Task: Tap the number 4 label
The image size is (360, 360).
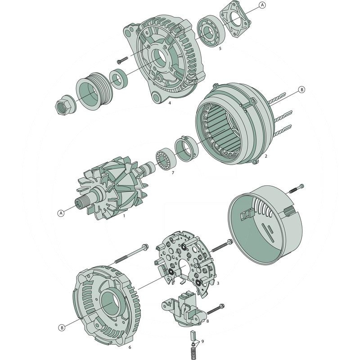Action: (x=170, y=103)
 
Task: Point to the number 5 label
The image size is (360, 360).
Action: (x=220, y=48)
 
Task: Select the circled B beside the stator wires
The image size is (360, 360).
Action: (x=302, y=90)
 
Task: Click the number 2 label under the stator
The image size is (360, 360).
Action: (x=266, y=156)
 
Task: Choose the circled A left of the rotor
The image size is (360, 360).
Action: (x=60, y=213)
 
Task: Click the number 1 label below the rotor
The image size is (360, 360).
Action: (x=124, y=216)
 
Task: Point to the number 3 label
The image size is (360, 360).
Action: (x=218, y=283)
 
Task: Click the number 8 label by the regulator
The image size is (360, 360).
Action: (x=207, y=321)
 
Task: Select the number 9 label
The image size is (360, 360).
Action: (x=203, y=342)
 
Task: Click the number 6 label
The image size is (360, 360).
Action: (x=130, y=347)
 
